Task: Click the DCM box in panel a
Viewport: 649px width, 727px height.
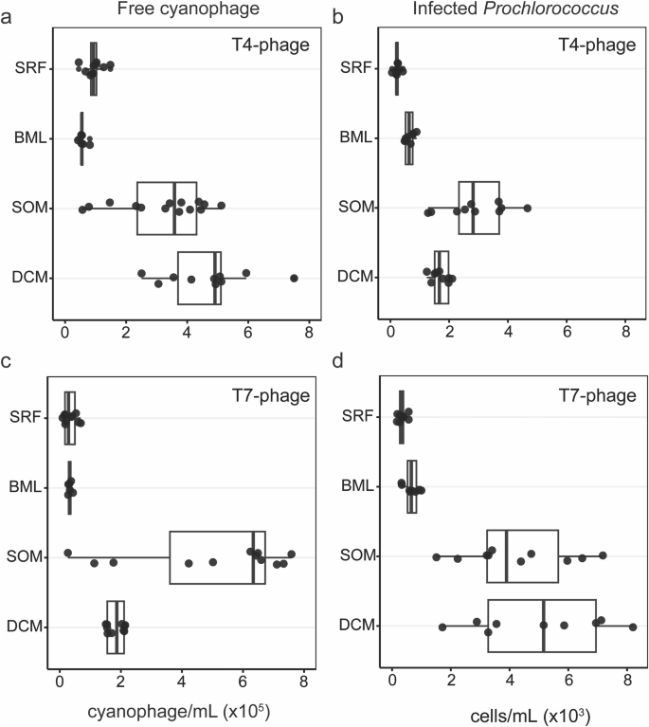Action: pyautogui.click(x=199, y=278)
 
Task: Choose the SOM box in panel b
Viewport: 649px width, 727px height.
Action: pyautogui.click(x=478, y=208)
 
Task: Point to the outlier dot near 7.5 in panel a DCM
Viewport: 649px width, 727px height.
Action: pyautogui.click(x=294, y=278)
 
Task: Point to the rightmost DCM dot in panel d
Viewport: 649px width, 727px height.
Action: pyautogui.click(x=632, y=627)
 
